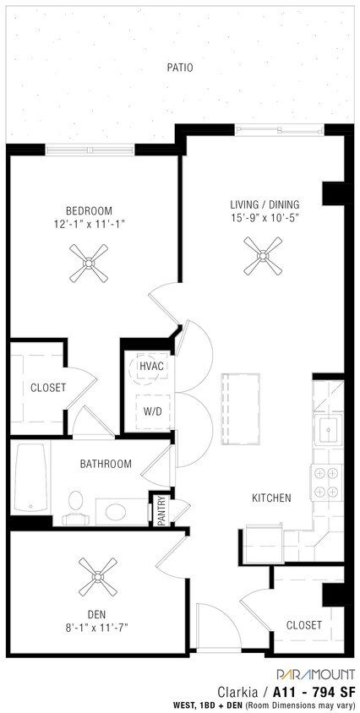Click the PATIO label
[x=180, y=68]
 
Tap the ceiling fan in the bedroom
[x=89, y=263]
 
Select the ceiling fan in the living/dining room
[x=263, y=256]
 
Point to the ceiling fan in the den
[x=98, y=577]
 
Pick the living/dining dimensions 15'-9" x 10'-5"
[x=265, y=217]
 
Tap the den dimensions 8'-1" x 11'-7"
[x=97, y=628]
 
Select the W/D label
[x=152, y=411]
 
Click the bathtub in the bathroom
[x=30, y=477]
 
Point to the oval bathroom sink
[x=116, y=513]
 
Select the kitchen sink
[x=329, y=429]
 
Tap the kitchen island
[x=241, y=409]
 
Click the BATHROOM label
[x=106, y=464]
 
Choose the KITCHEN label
[x=271, y=498]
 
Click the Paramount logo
[x=315, y=674]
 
